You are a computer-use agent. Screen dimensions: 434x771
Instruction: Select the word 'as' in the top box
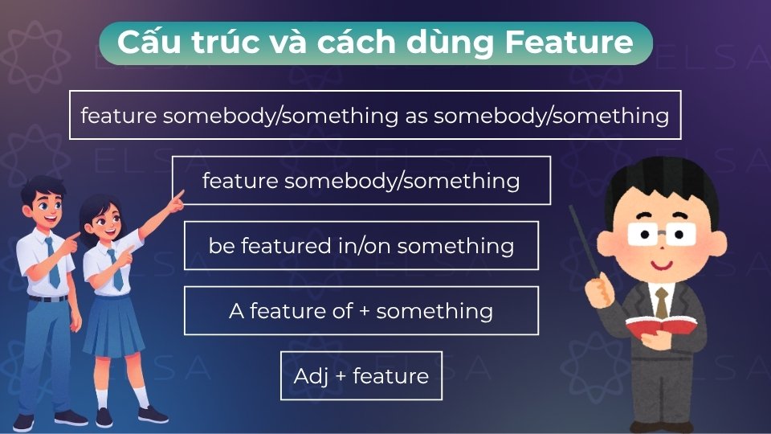(414, 116)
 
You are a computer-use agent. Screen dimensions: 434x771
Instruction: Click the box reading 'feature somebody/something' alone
(361, 181)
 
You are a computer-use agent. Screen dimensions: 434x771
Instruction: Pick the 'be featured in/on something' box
(361, 246)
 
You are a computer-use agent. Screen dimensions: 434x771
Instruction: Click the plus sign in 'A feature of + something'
(364, 311)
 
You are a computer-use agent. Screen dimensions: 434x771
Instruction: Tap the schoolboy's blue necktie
(52, 261)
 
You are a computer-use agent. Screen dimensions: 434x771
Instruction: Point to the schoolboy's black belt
(48, 298)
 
